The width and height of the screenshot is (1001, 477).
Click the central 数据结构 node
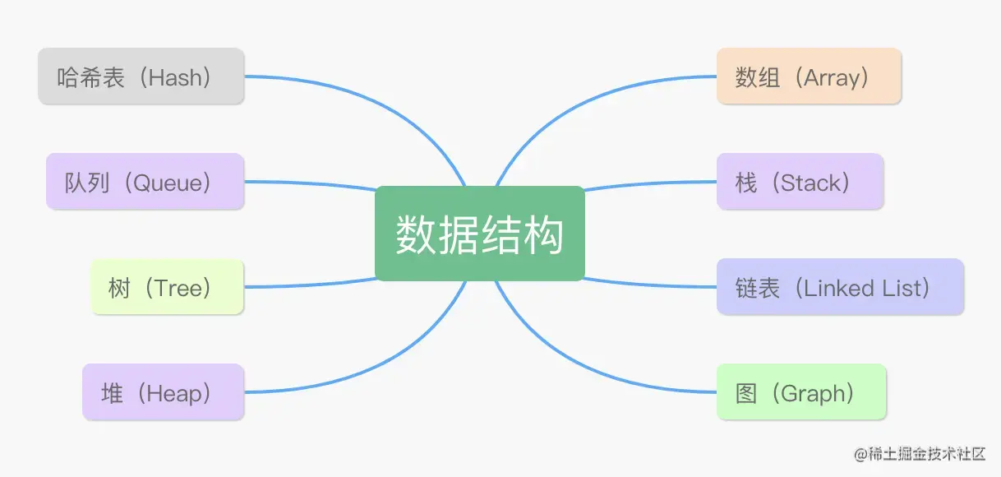point(479,234)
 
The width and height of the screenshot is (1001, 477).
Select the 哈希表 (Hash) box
point(141,76)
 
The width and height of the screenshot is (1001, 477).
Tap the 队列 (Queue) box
point(145,181)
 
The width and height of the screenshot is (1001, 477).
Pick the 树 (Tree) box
point(167,286)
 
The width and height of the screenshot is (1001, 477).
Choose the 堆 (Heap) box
point(163,392)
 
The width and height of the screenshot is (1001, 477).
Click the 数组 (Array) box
point(809,76)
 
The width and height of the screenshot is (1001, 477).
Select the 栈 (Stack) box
point(800,181)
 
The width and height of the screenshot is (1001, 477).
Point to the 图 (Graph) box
point(801,392)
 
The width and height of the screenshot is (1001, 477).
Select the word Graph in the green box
point(813,393)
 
